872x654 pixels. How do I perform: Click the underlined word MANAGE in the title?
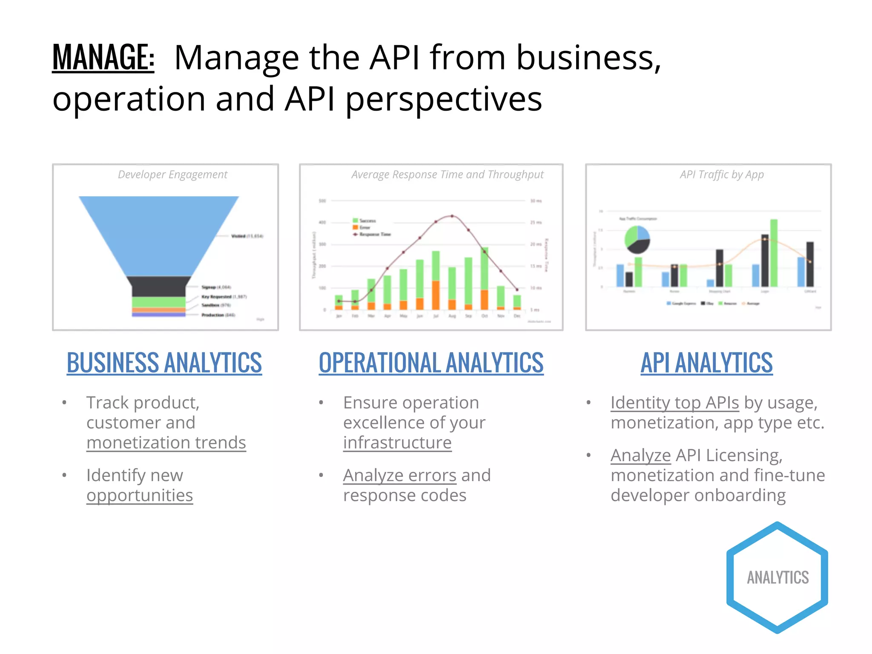click(x=103, y=57)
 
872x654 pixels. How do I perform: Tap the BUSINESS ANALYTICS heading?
click(x=164, y=363)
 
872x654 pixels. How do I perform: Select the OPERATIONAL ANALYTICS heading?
click(x=431, y=363)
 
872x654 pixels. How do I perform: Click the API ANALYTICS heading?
click(x=706, y=363)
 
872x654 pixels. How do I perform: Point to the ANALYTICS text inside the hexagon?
click(x=777, y=578)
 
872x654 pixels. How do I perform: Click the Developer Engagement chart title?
click(x=172, y=175)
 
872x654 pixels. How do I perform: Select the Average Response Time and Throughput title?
click(x=447, y=175)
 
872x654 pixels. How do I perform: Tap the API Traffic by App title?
click(x=721, y=175)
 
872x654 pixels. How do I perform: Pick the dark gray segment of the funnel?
click(x=159, y=287)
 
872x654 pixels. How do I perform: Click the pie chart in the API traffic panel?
click(x=637, y=239)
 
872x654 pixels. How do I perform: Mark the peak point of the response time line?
click(x=452, y=216)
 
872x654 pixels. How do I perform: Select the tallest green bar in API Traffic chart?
click(x=774, y=253)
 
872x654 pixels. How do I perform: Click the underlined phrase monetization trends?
click(x=166, y=443)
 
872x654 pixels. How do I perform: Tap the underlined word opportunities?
click(x=140, y=496)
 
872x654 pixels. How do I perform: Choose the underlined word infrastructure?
click(x=397, y=443)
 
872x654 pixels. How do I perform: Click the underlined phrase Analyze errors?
click(x=399, y=476)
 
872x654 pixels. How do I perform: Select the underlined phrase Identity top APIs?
click(x=674, y=403)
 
